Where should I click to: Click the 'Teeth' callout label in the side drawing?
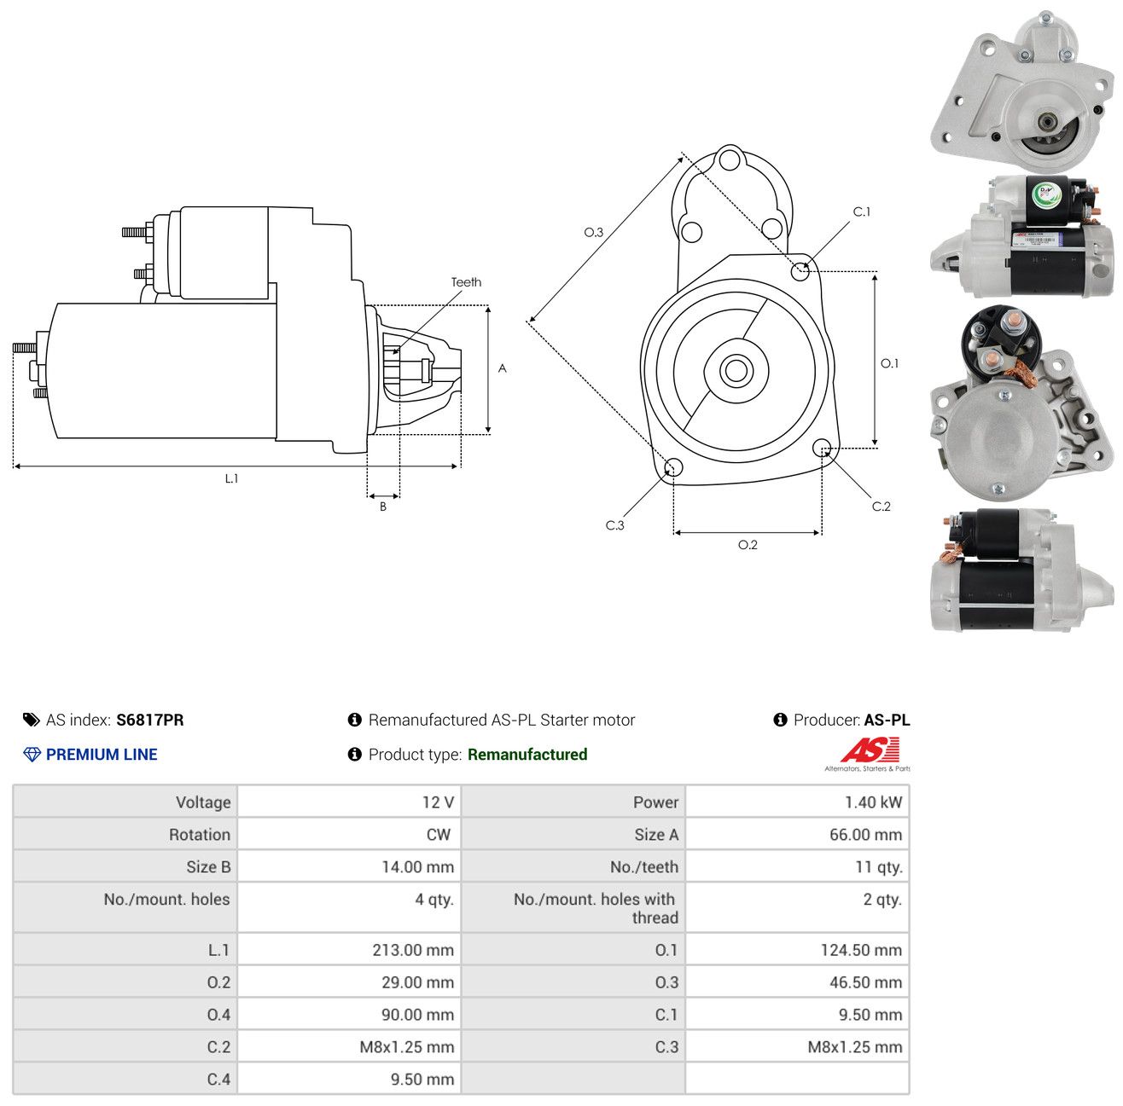[x=466, y=282]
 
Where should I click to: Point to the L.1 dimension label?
[x=231, y=478]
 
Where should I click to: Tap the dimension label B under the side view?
[x=383, y=507]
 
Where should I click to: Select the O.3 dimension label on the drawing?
[x=593, y=233]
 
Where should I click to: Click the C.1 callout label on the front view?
[x=861, y=212]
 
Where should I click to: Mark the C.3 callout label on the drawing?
[x=614, y=525]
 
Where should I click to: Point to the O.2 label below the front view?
[x=748, y=545]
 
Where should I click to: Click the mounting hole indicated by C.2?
[x=822, y=448]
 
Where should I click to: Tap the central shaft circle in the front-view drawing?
[x=736, y=371]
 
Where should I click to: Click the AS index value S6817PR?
[x=150, y=720]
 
